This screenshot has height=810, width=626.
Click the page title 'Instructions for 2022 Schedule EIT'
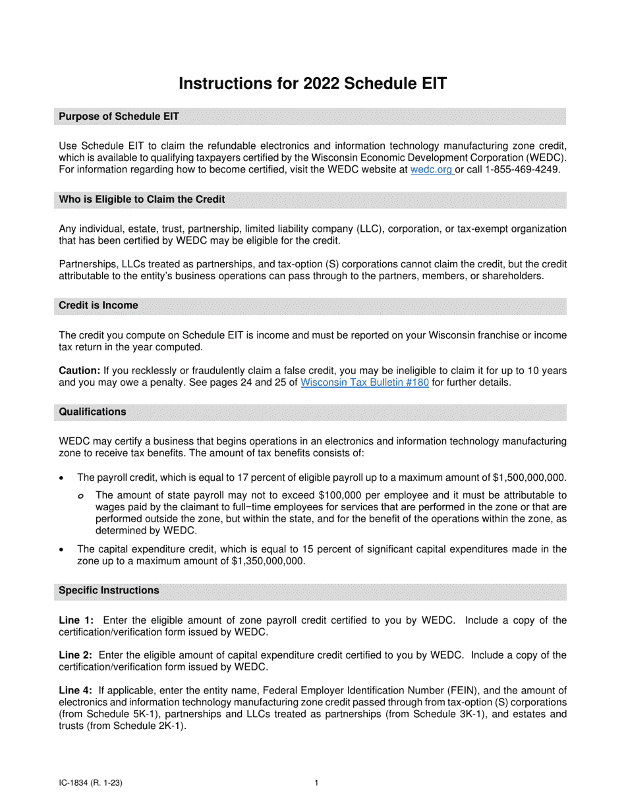[x=313, y=84]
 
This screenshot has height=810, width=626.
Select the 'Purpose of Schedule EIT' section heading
[x=119, y=117]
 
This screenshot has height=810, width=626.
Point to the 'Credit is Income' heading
[x=98, y=306]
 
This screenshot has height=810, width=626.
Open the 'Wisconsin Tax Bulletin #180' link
[x=364, y=382]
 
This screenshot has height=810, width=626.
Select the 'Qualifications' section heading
[x=92, y=412]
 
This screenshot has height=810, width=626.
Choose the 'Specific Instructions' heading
[x=109, y=590]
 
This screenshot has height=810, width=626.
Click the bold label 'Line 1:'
[x=76, y=620]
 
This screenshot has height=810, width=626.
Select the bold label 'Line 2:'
[x=76, y=655]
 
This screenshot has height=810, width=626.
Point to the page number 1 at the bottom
[x=316, y=783]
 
